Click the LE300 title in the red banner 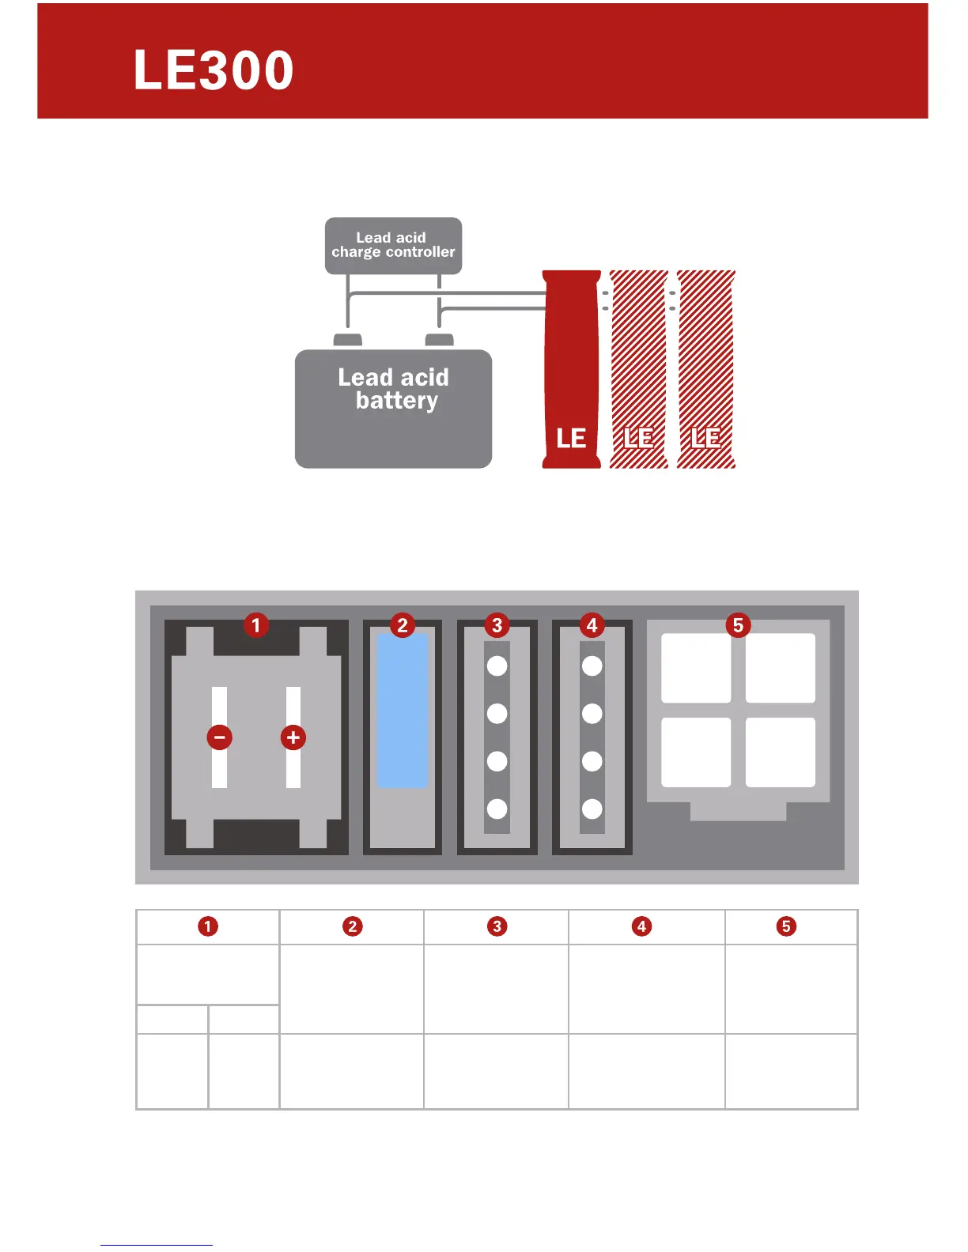(214, 70)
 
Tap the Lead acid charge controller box (393, 245)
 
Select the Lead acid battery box (393, 408)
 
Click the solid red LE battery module (571, 369)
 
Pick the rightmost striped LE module (706, 369)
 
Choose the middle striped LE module (639, 369)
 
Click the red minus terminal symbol (219, 737)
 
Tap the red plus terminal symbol (293, 737)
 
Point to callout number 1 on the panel (255, 625)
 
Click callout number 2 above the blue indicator (403, 625)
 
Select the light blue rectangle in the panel (403, 710)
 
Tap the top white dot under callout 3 (497, 666)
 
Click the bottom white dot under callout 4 (592, 809)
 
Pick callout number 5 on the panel (738, 625)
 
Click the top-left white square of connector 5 (696, 668)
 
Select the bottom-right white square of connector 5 (781, 752)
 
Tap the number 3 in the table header (497, 926)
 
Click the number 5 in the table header (786, 926)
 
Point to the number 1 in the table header (208, 926)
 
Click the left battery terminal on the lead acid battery (348, 341)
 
